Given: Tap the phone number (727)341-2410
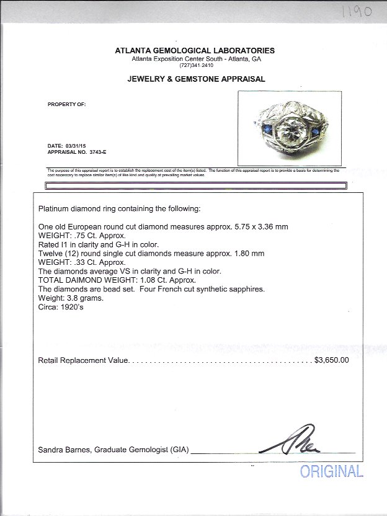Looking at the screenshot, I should (x=195, y=65).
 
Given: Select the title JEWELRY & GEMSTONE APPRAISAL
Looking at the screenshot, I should (x=196, y=79).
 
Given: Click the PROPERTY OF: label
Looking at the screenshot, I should (x=66, y=104).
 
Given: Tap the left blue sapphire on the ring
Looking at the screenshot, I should (x=267, y=130).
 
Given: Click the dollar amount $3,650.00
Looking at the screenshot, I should (x=332, y=360).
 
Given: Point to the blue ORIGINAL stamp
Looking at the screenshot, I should (x=331, y=472).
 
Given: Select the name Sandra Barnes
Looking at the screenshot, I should (x=64, y=450).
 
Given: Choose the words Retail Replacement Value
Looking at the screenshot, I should (x=83, y=360).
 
